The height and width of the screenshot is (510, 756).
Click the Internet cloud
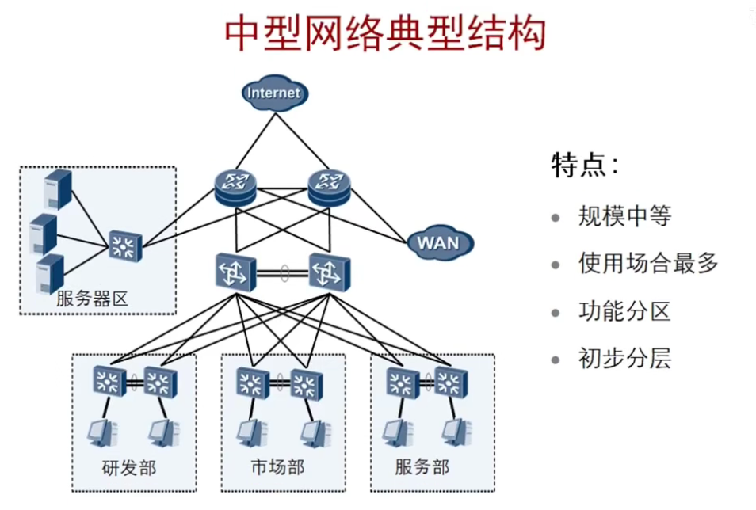click(275, 93)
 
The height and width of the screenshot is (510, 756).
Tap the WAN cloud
click(440, 242)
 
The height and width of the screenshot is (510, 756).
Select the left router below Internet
click(235, 188)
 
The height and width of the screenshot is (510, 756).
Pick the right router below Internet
click(330, 188)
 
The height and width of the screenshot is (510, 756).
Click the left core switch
click(236, 273)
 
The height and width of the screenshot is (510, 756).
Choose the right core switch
click(330, 273)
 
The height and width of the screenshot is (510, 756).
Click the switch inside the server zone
click(125, 246)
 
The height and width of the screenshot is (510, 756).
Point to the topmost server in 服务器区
click(58, 189)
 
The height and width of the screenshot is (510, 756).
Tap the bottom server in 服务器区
click(50, 274)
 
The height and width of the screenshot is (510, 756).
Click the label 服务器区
click(92, 299)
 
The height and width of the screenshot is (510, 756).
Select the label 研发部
click(129, 468)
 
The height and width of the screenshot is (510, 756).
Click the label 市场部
click(277, 467)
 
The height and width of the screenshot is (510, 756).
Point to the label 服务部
click(422, 467)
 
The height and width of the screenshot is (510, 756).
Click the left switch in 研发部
click(109, 382)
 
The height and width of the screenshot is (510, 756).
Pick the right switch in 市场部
click(307, 384)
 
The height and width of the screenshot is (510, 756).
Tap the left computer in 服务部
click(399, 433)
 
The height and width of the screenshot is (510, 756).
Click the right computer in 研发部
click(164, 433)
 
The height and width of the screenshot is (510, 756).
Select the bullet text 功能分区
click(625, 311)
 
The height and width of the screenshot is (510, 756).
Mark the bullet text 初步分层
click(625, 359)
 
